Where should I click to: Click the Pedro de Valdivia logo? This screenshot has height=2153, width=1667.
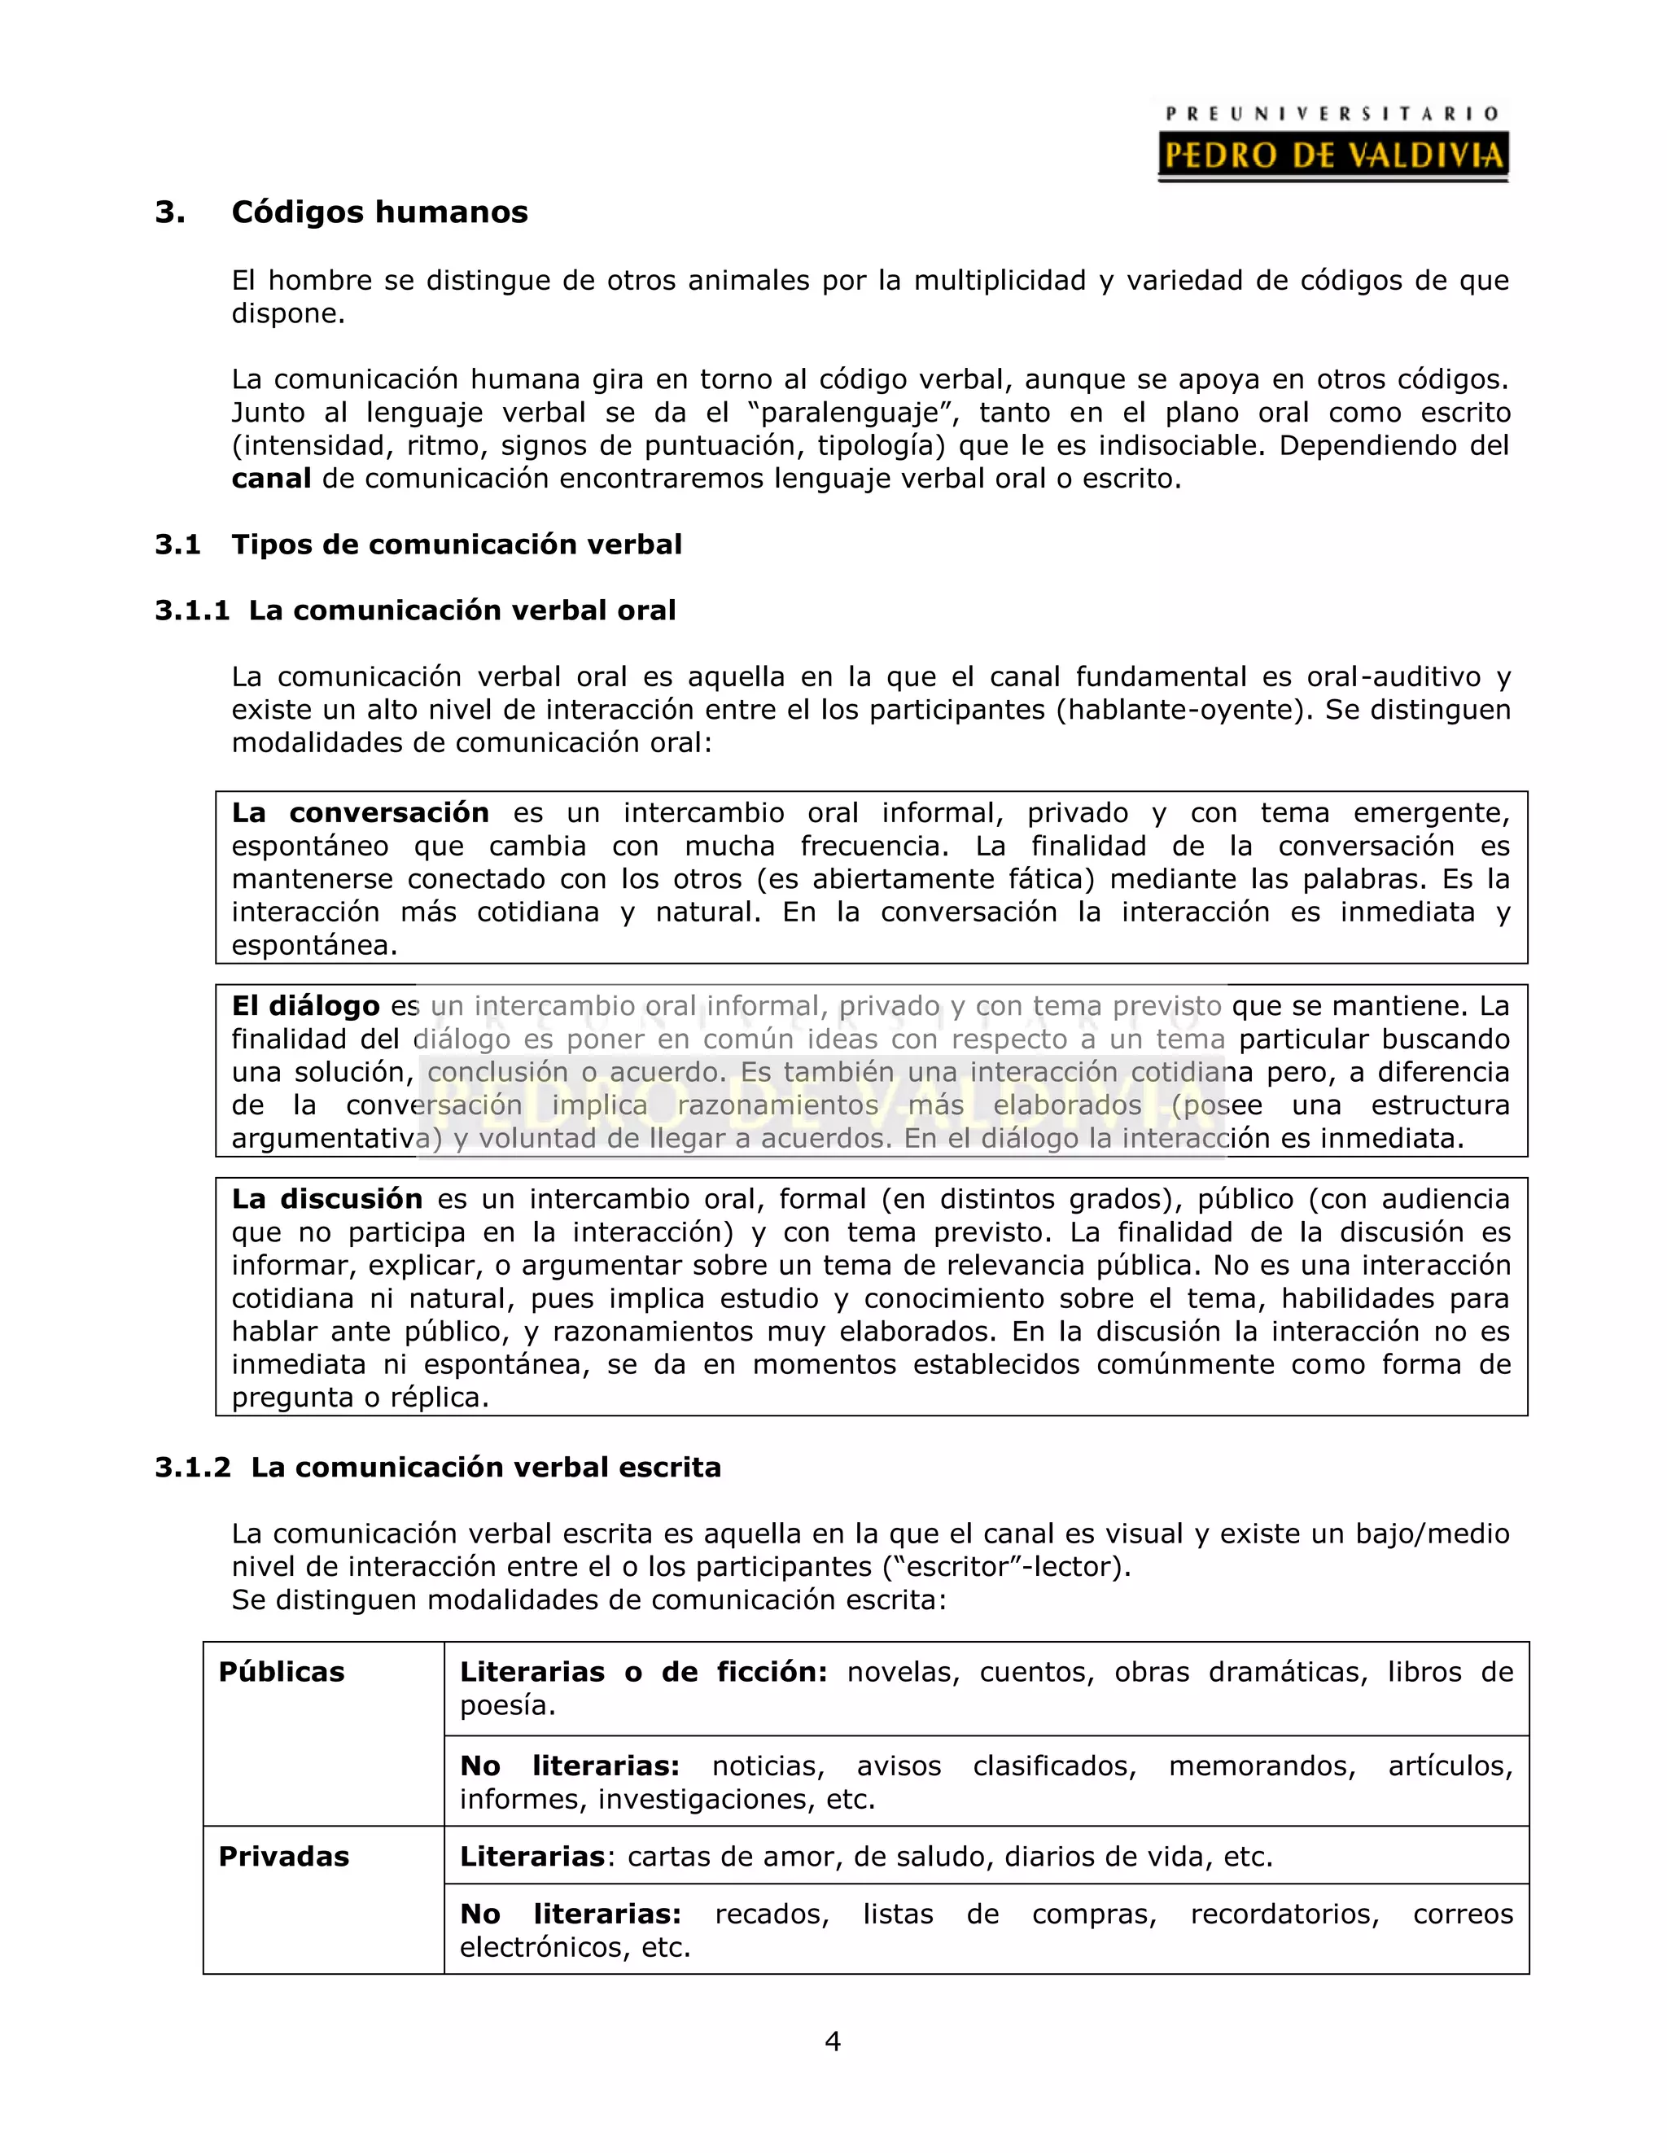point(1332,144)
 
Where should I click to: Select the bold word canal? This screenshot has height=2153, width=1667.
point(271,479)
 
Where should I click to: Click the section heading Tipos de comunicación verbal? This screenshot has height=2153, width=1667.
point(457,545)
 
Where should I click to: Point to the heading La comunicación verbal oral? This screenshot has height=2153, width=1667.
point(462,610)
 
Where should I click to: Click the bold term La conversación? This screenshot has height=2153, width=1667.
point(360,813)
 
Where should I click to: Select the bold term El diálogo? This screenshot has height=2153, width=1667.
point(305,1007)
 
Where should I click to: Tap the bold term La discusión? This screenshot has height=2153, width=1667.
point(326,1200)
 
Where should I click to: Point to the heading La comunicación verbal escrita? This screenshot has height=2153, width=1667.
point(486,1468)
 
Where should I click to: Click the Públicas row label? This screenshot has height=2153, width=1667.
point(282,1673)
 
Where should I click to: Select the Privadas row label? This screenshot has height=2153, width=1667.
point(284,1858)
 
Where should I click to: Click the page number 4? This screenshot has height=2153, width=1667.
point(833,2041)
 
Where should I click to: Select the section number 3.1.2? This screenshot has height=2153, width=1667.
point(193,1468)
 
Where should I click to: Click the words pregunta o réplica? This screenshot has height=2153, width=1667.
point(360,1398)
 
